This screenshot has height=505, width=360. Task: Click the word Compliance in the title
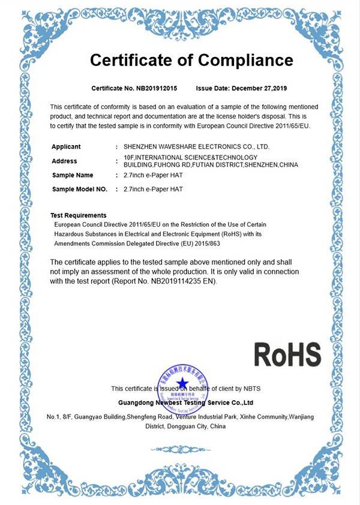pyautogui.click(x=246, y=60)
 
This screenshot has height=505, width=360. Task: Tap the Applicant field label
pyautogui.click(x=66, y=146)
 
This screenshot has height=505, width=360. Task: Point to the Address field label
pyautogui.click(x=64, y=161)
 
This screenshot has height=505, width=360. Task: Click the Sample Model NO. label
pyautogui.click(x=80, y=189)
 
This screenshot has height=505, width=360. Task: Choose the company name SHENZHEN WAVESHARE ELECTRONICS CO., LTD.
pyautogui.click(x=196, y=146)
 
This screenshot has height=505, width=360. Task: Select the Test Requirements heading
pyautogui.click(x=79, y=215)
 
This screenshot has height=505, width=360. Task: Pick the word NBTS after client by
pyautogui.click(x=252, y=388)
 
